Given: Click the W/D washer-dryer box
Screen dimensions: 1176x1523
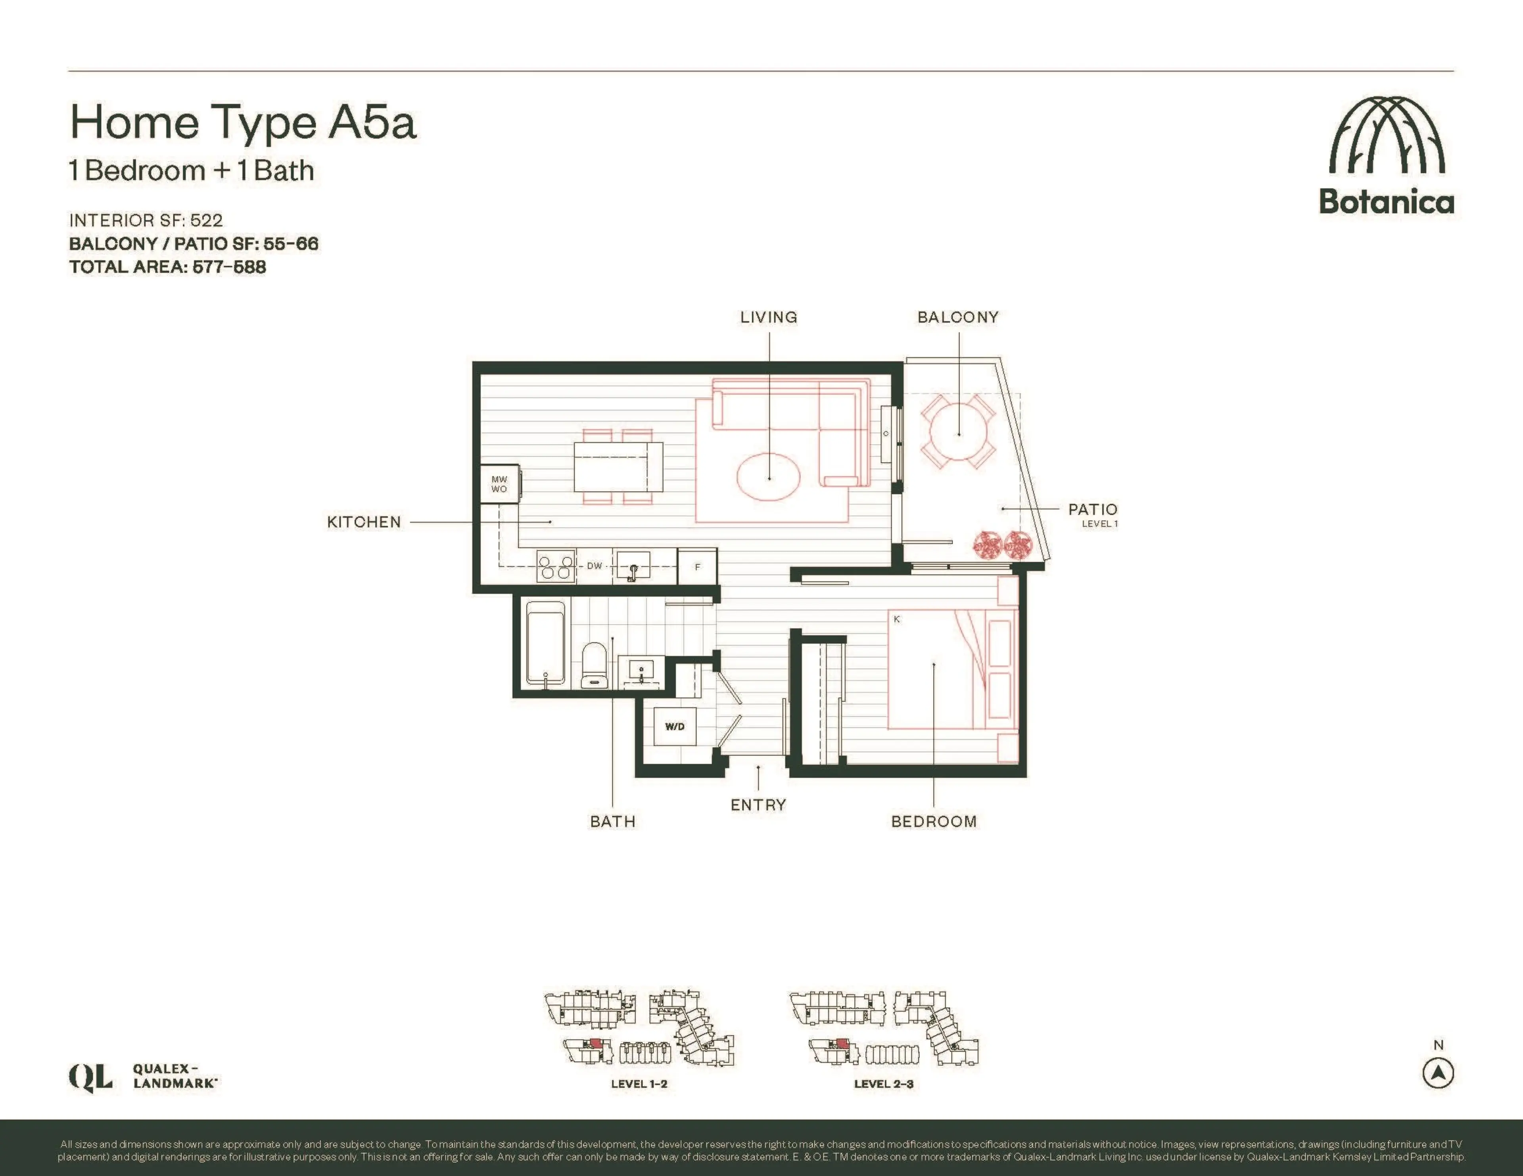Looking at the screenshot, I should pyautogui.click(x=674, y=727).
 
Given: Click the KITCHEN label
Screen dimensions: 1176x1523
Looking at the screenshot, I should pyautogui.click(x=364, y=522).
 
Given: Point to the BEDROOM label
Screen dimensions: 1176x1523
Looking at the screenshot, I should pyautogui.click(x=934, y=821).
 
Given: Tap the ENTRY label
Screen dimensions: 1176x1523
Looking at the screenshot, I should pyautogui.click(x=758, y=805).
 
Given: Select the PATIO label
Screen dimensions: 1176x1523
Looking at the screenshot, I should pyautogui.click(x=1093, y=510).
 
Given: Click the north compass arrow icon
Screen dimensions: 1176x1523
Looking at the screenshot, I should pyautogui.click(x=1438, y=1073).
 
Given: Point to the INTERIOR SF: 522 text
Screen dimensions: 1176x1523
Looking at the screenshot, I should pyautogui.click(x=146, y=220).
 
